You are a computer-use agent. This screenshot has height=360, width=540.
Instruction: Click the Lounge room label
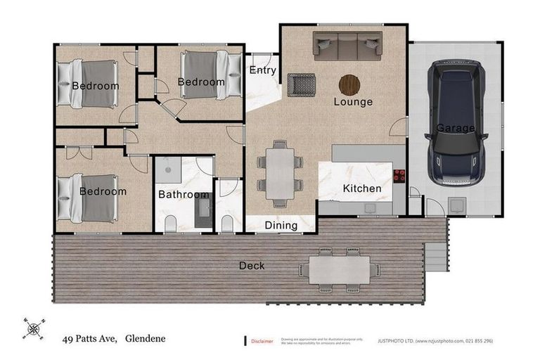353,102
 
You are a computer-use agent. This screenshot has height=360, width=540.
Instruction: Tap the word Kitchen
362,188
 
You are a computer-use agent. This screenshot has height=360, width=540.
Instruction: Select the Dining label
281,226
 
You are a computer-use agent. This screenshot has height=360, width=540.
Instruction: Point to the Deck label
252,266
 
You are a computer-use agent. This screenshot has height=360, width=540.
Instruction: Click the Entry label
262,71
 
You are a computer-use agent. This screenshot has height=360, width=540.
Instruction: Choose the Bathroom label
183,195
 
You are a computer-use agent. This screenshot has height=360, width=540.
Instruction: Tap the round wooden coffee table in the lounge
349,84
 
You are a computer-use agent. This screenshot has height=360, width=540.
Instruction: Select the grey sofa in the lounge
347,46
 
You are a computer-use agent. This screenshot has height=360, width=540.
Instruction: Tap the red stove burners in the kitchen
399,176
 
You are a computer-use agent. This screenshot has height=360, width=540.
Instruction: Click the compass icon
32,327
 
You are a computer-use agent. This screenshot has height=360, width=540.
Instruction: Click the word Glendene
145,338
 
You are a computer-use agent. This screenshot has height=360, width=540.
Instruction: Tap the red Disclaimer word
262,341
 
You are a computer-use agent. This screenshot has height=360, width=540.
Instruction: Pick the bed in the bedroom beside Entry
207,72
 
